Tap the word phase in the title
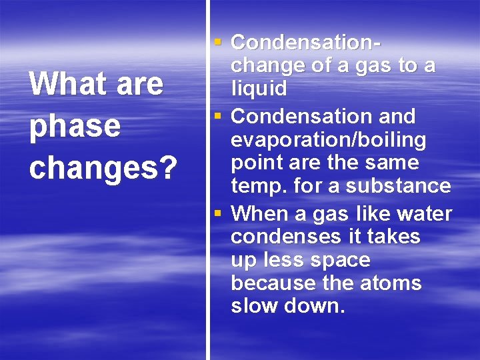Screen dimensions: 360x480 (75, 127)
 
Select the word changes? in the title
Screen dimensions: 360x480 (103, 169)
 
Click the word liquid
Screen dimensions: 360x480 (259, 89)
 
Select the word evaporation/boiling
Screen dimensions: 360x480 (328, 140)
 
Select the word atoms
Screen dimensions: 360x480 (392, 283)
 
